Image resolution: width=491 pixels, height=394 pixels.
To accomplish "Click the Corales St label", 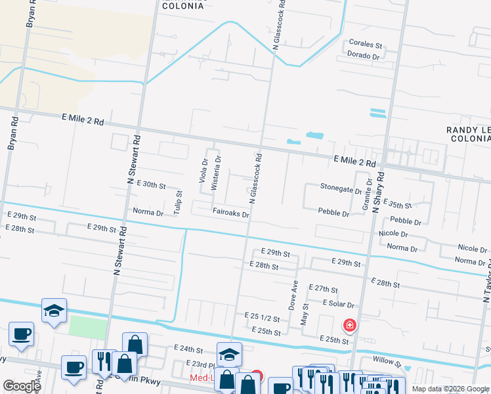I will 366,44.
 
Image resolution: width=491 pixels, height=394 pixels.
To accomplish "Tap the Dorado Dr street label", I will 364,56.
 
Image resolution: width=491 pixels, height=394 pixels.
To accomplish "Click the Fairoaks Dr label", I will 231,213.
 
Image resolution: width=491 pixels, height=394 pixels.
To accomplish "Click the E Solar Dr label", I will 338,304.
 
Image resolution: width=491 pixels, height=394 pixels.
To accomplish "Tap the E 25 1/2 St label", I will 262,318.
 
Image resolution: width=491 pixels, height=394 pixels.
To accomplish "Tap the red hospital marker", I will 350,325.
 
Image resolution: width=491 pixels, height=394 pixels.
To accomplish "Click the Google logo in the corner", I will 22,385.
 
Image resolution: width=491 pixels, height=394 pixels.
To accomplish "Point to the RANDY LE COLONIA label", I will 468,135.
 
